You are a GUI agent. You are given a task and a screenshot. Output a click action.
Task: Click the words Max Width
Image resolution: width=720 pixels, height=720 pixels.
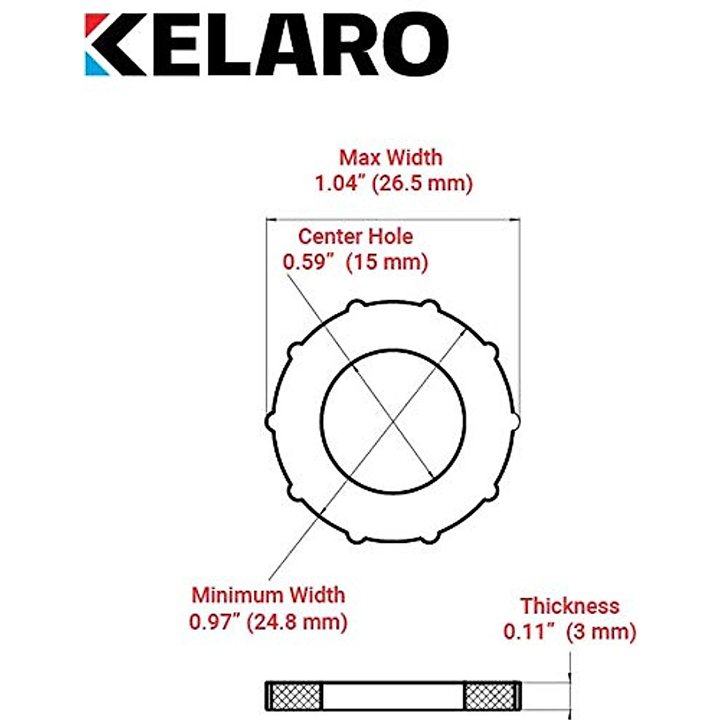(x=391, y=158)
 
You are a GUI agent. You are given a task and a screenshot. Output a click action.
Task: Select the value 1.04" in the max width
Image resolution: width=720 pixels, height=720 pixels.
(x=341, y=184)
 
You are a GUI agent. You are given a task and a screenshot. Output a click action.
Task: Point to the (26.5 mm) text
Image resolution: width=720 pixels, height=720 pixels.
(x=422, y=184)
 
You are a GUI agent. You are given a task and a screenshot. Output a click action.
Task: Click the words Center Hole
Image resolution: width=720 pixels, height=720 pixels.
(x=355, y=236)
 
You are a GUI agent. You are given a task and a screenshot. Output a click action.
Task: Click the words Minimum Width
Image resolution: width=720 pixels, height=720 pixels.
(x=268, y=595)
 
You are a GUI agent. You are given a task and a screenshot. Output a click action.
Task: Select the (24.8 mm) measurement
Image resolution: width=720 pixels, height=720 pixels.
(x=301, y=622)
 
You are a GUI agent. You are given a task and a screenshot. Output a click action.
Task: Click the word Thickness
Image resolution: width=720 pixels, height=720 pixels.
(x=569, y=606)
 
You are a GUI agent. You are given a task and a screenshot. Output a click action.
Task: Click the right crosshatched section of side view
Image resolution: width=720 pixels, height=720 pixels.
(x=490, y=695)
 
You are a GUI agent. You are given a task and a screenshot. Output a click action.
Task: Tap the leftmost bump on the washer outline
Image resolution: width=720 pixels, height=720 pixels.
(x=269, y=422)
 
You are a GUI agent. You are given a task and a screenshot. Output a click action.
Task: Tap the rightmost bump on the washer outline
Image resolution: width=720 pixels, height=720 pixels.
(x=516, y=422)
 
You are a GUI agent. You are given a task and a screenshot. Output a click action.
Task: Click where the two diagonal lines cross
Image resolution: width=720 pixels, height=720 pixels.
(x=393, y=422)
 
